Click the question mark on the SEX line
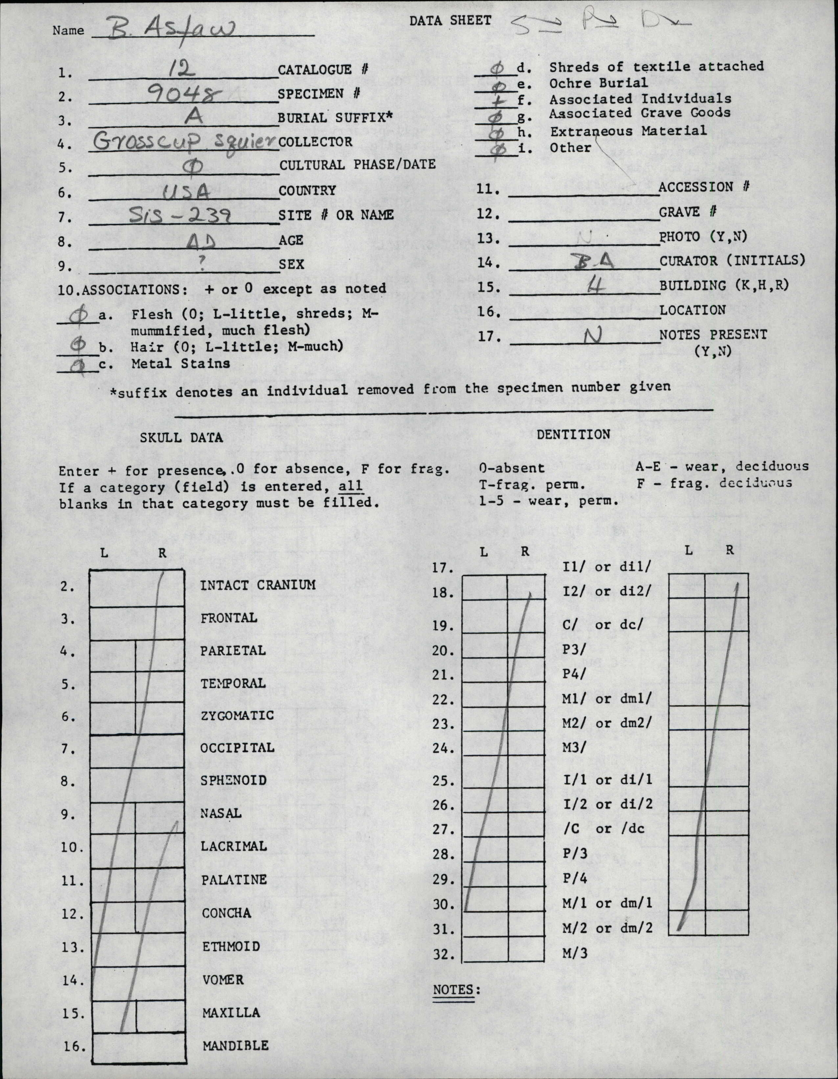pos(202,264)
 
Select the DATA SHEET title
pos(450,20)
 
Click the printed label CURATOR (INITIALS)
pos(732,260)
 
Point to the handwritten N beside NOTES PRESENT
pos(592,336)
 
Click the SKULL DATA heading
pos(181,437)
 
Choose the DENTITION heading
pos(573,434)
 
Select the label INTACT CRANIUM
pos(257,585)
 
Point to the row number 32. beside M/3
pos(443,954)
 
